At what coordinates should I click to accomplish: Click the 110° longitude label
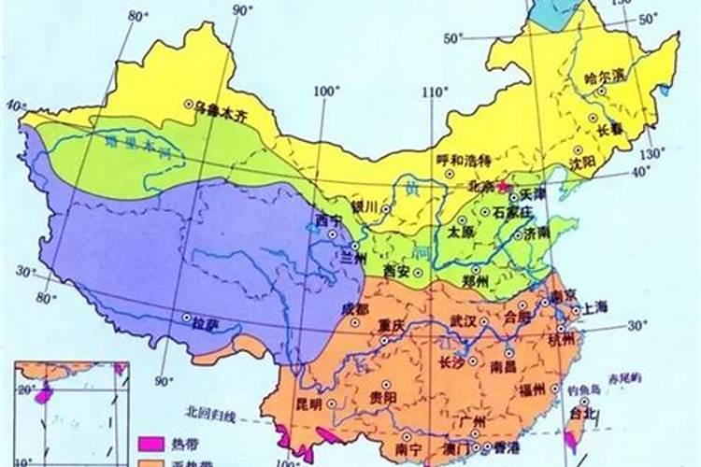(x=434, y=92)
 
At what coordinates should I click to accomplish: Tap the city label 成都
(x=354, y=308)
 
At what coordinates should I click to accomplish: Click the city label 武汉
(x=465, y=320)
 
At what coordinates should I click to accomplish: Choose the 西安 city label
(x=396, y=272)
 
